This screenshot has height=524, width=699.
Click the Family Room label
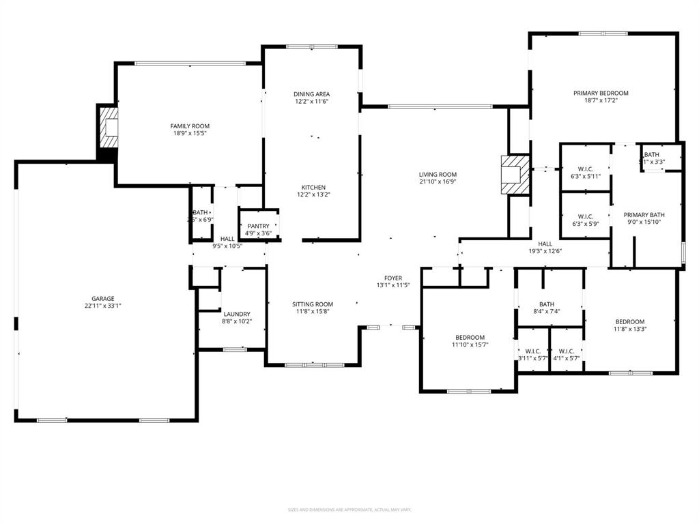(x=190, y=126)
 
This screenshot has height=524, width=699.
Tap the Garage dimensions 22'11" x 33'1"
(x=104, y=306)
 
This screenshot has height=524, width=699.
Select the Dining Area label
(x=312, y=94)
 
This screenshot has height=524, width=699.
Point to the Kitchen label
(x=314, y=188)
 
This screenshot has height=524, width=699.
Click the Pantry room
(x=258, y=229)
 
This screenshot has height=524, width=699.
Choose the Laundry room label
(x=236, y=314)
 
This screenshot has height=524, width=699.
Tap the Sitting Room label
(x=313, y=304)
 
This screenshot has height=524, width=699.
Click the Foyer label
(x=393, y=278)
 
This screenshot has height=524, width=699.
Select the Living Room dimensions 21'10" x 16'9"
(x=438, y=182)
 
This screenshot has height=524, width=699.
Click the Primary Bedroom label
(x=601, y=93)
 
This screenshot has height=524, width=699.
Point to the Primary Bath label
(x=644, y=214)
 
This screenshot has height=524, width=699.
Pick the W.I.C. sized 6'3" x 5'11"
(x=585, y=172)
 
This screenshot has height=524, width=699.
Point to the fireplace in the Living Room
(x=515, y=175)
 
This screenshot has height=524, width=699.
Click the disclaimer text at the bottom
(x=349, y=510)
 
